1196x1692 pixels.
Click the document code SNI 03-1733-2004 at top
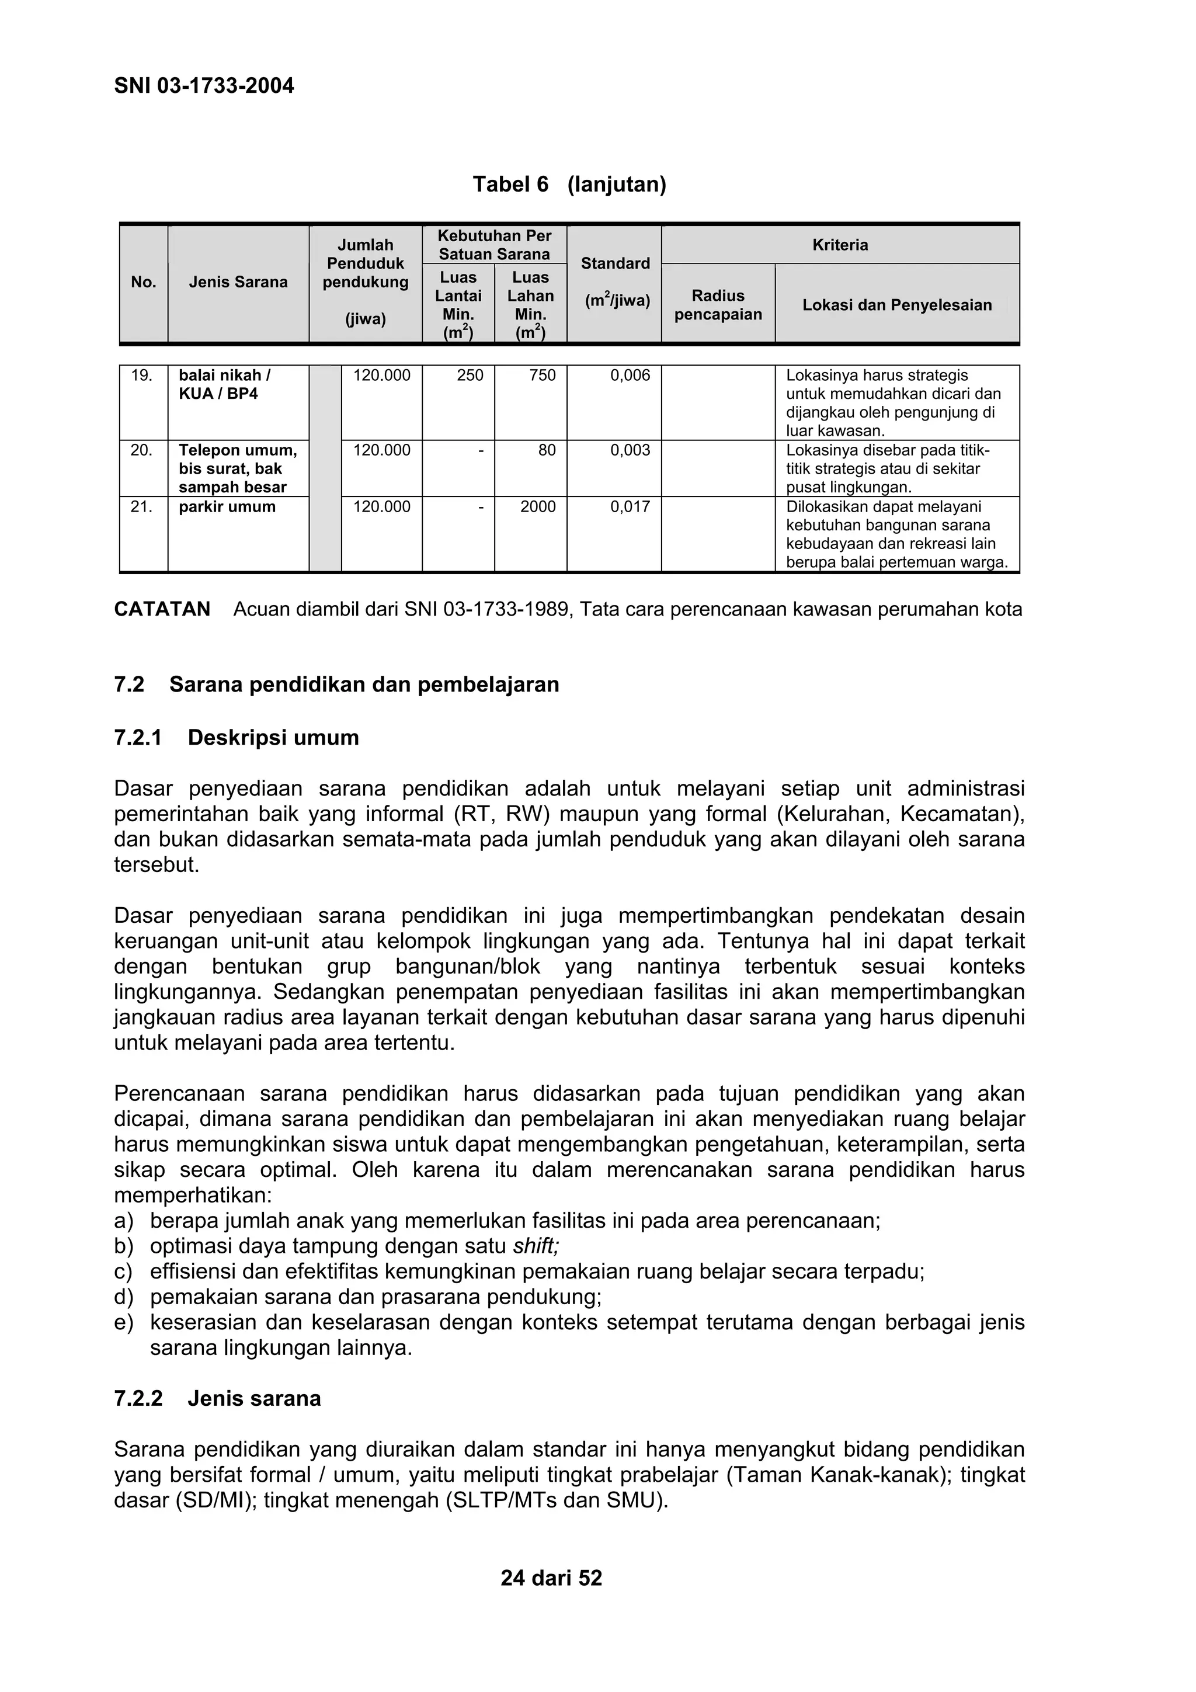coord(204,86)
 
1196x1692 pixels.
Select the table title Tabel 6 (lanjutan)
coord(569,184)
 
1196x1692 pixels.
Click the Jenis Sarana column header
coord(238,282)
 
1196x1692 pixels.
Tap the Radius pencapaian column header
coord(718,305)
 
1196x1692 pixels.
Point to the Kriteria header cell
coord(840,245)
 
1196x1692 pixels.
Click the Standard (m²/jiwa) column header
coord(616,282)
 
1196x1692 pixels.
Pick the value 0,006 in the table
coord(630,376)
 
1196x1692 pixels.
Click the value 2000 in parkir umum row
coord(538,507)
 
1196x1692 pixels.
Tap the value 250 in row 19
coord(470,376)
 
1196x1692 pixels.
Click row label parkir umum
coord(227,507)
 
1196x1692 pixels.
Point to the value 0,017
coord(630,507)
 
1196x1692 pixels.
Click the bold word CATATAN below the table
coord(162,609)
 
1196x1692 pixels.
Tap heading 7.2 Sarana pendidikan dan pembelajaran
coord(337,685)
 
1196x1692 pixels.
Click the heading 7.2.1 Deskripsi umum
coord(237,738)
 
